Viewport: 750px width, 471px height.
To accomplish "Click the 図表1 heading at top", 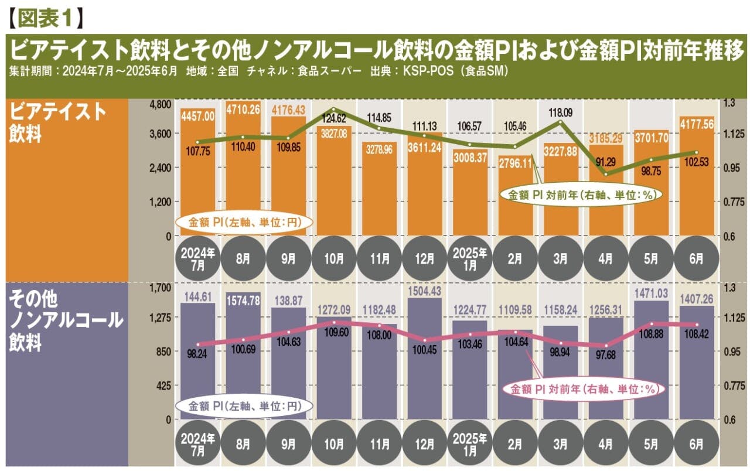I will [44, 17].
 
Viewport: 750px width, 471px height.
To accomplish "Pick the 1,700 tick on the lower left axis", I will [159, 288].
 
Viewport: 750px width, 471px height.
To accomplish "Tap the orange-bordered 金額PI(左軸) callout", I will [243, 223].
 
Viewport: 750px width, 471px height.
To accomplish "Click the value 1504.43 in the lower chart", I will [424, 292].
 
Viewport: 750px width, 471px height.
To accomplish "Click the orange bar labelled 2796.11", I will [515, 199].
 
